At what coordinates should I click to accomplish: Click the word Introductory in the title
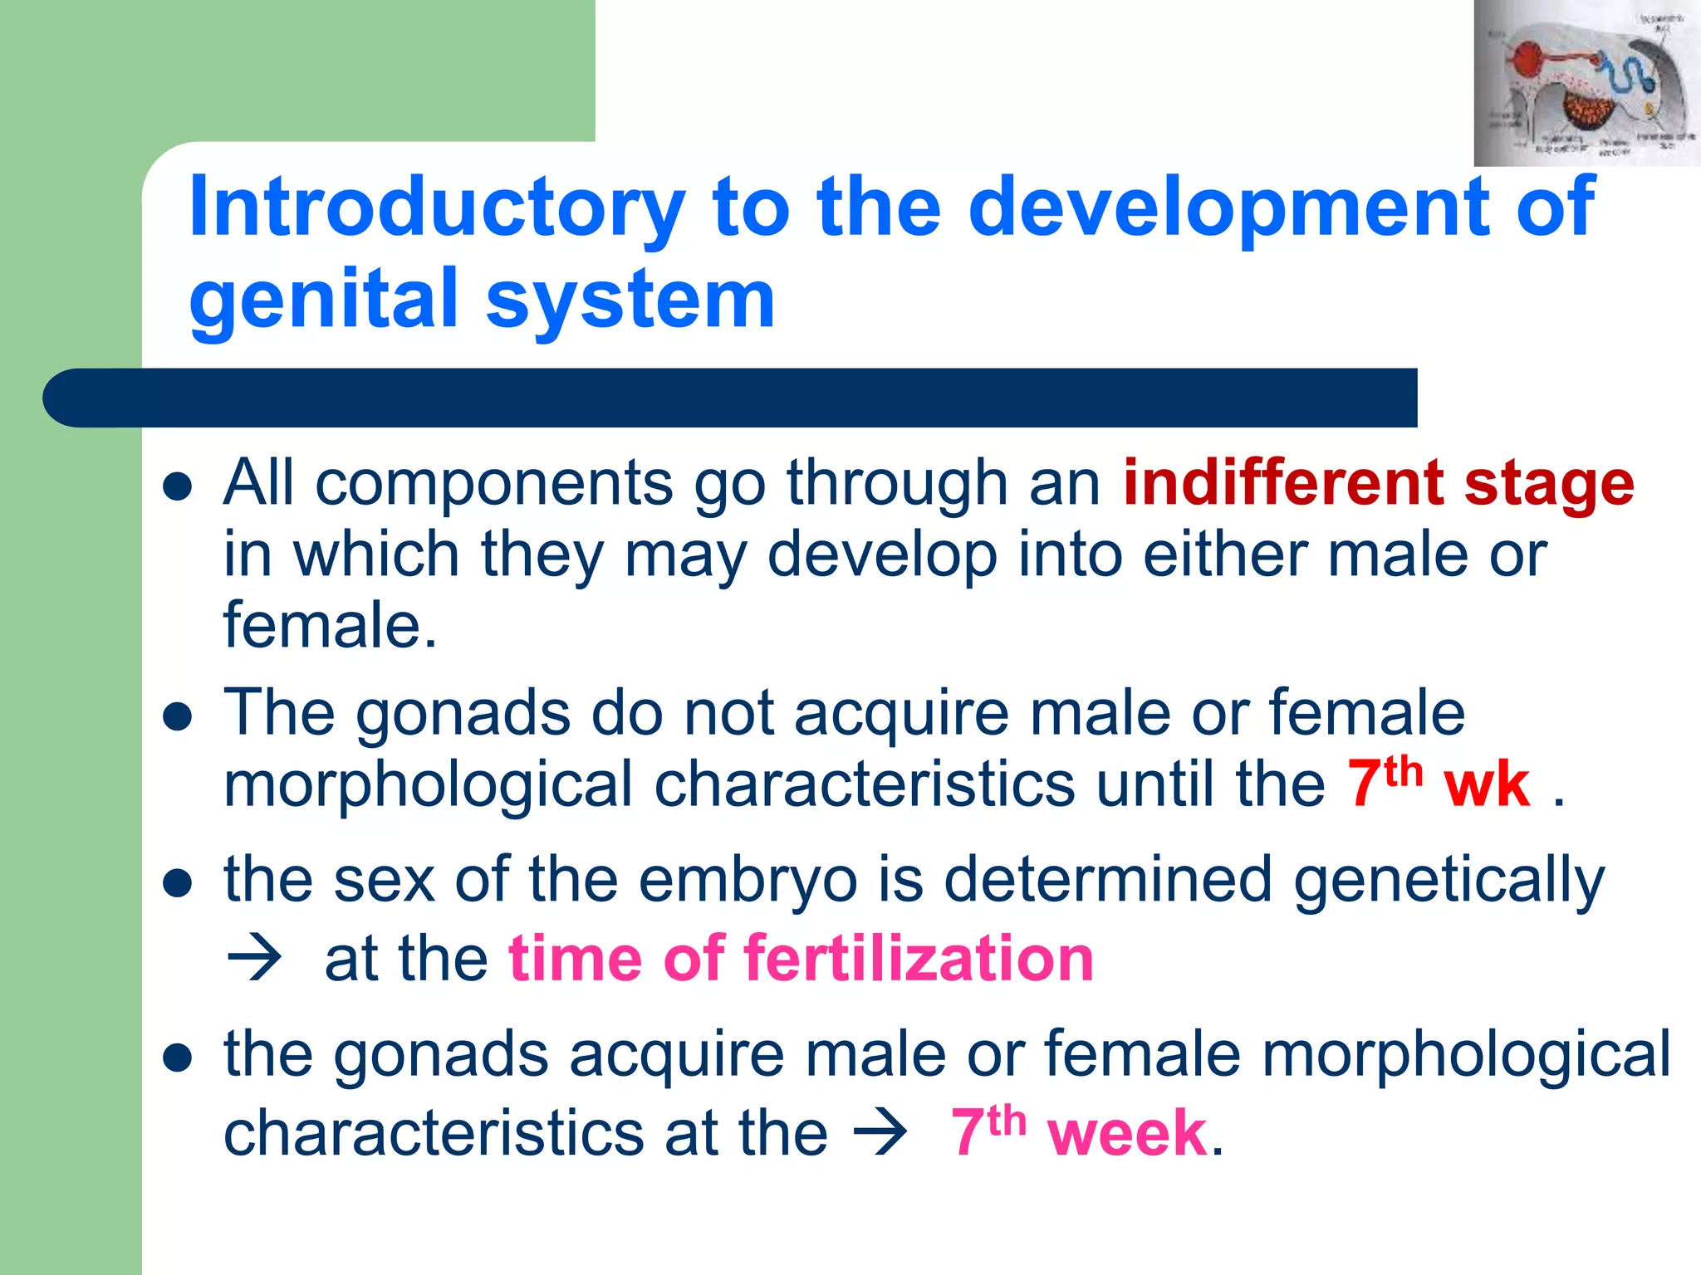pyautogui.click(x=436, y=208)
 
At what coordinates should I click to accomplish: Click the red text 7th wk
pyautogui.click(x=1438, y=784)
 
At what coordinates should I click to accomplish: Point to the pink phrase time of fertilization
pyautogui.click(x=801, y=959)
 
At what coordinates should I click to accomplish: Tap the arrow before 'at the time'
pyautogui.click(x=253, y=959)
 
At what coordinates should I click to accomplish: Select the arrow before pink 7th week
pyautogui.click(x=880, y=1132)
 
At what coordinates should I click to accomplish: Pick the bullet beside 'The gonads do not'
pyautogui.click(x=178, y=716)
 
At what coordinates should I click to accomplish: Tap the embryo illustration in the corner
pyautogui.click(x=1586, y=83)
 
